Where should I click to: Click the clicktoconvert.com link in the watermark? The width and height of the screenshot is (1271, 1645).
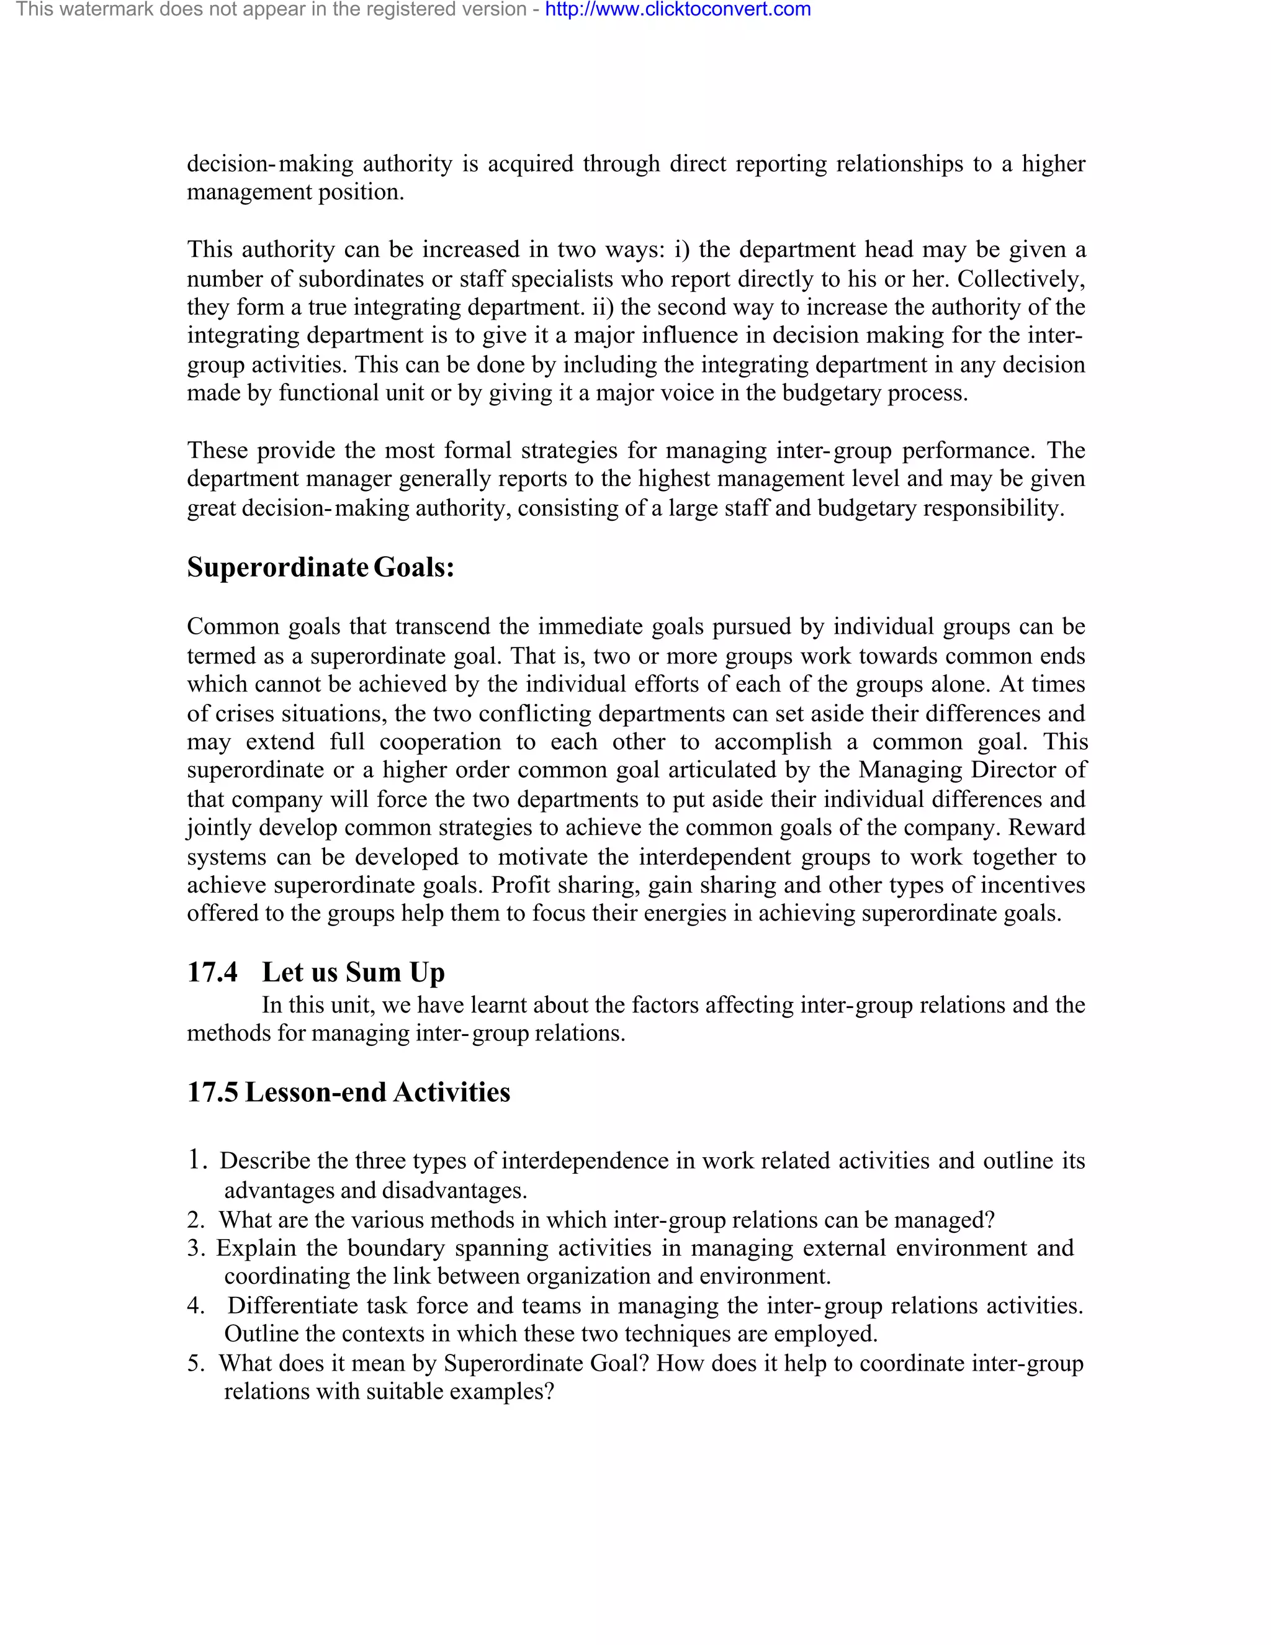pyautogui.click(x=678, y=10)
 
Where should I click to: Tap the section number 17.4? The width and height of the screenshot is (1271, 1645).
pyautogui.click(x=212, y=971)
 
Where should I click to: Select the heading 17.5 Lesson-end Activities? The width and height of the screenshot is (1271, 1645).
pyautogui.click(x=348, y=1091)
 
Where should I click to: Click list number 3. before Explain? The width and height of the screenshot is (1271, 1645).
pyautogui.click(x=195, y=1248)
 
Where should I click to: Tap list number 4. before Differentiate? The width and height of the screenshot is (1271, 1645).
pyautogui.click(x=195, y=1305)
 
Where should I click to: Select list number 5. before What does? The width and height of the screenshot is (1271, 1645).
pyautogui.click(x=195, y=1363)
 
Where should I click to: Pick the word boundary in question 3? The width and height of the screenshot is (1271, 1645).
pyautogui.click(x=396, y=1248)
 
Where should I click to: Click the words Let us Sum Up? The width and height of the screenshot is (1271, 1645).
pyautogui.click(x=353, y=971)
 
